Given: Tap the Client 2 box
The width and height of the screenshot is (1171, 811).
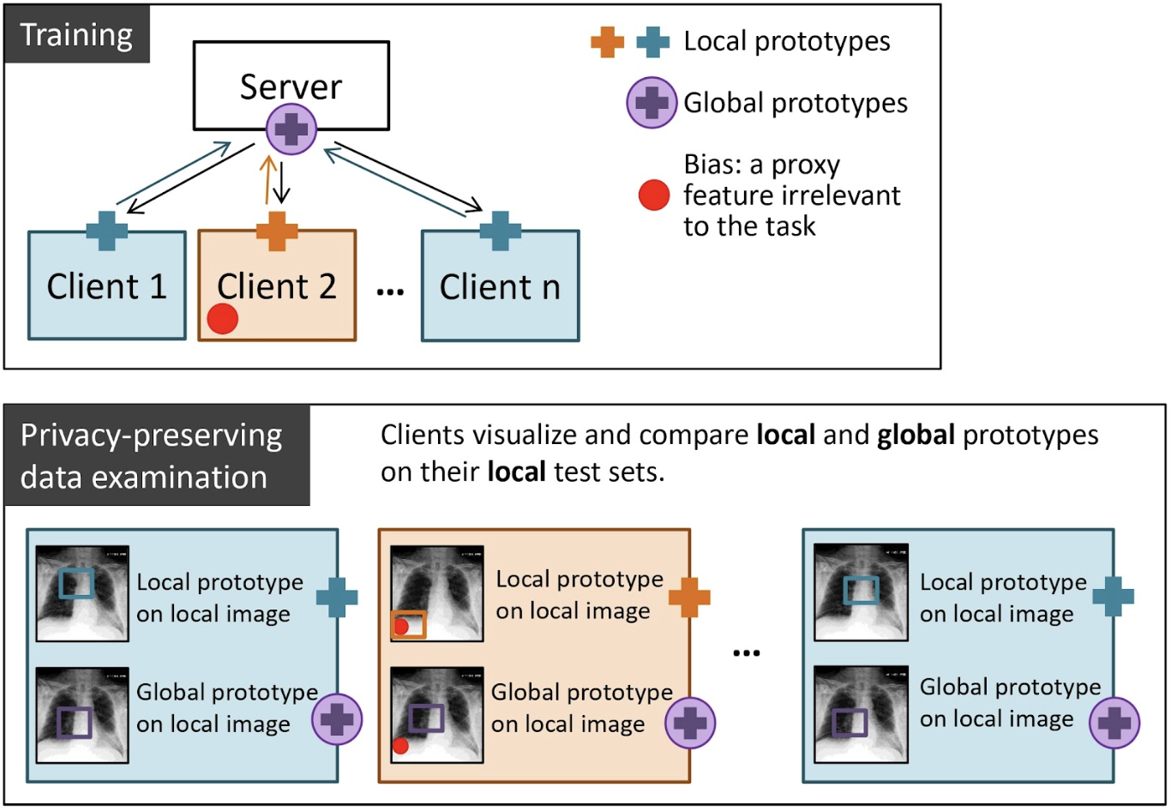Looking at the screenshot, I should point(277,287).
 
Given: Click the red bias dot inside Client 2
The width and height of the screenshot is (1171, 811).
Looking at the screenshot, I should point(223,320).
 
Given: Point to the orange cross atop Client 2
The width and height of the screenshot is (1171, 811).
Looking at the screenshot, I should point(277,231).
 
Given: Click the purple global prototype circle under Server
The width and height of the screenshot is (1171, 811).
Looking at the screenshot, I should point(291,130).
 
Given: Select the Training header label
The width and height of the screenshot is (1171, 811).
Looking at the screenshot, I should point(76,35).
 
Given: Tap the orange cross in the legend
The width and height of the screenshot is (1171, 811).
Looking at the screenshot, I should point(607,41).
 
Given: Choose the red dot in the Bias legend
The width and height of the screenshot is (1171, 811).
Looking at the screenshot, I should point(653,195).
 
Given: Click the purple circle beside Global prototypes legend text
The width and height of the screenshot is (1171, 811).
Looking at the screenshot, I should point(652,103).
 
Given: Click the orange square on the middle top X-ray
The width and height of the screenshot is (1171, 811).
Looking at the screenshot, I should point(408,624).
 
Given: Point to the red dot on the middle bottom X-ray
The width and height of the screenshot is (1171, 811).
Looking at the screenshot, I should point(400,746).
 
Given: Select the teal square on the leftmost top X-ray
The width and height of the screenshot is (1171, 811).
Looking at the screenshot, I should point(76,583).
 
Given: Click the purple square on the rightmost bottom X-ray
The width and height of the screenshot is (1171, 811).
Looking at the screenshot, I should point(850,722).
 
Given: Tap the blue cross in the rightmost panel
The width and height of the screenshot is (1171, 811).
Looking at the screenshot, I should point(1114,597).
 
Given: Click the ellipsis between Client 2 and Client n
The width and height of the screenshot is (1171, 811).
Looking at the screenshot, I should point(390,292).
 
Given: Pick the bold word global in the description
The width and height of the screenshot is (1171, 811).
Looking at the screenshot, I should point(916,436).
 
